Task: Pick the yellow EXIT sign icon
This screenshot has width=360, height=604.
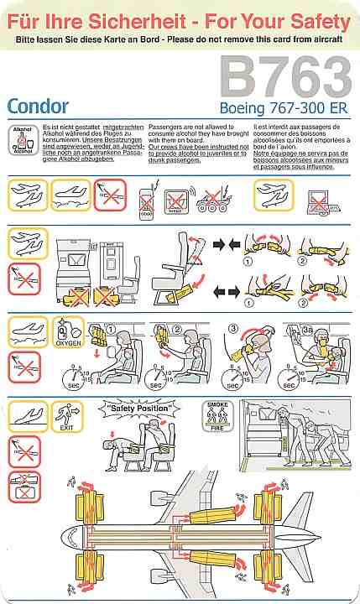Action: [x=65, y=414]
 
